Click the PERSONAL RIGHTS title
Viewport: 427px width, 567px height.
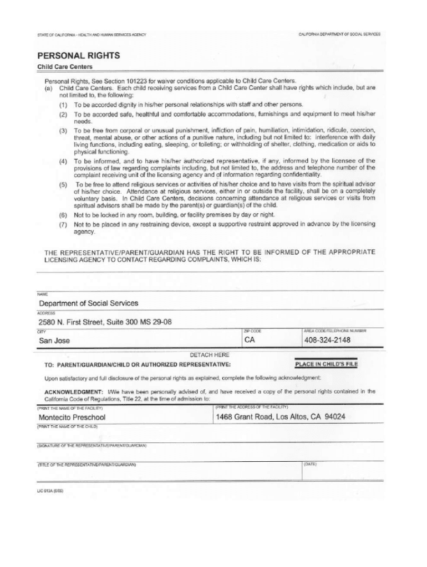(x=78, y=56)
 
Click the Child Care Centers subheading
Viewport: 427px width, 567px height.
(x=60, y=67)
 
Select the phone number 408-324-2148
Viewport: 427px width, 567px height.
(x=327, y=340)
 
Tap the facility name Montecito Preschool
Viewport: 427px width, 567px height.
(x=72, y=417)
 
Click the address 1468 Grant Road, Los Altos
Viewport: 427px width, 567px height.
(x=281, y=416)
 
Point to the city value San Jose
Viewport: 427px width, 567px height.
(x=54, y=341)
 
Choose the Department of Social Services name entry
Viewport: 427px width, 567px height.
(x=88, y=303)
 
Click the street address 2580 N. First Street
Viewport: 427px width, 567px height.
(x=105, y=322)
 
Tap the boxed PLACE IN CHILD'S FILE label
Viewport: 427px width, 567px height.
(x=326, y=364)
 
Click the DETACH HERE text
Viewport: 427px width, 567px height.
(x=210, y=354)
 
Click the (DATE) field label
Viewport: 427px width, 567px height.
(x=309, y=464)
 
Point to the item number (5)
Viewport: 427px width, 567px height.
(x=64, y=184)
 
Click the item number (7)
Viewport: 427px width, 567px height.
(x=64, y=224)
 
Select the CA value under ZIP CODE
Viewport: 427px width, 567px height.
(x=250, y=340)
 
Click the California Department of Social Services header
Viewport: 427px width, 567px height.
(x=339, y=34)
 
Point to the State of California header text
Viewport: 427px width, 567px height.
(x=91, y=35)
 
